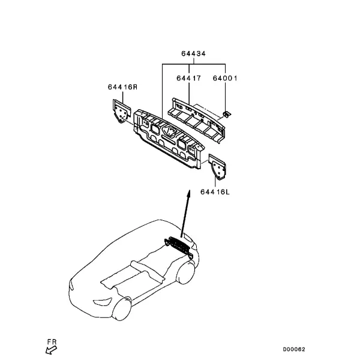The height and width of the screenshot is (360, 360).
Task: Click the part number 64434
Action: pos(193,53)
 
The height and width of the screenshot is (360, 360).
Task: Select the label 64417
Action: pos(188,78)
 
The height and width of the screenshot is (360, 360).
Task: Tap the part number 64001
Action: pos(225,78)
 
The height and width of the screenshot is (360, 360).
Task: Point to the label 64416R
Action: pos(122,87)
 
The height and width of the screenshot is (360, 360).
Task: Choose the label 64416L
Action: pos(215,192)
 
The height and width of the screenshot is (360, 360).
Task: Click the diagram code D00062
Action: pos(294,349)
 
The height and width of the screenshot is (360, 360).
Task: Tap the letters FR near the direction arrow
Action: pos(52,342)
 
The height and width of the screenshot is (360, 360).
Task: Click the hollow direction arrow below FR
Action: pos(51,350)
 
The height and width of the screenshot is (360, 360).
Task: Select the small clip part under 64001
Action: pos(227,113)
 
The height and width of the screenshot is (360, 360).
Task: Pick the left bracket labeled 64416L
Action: pos(217,167)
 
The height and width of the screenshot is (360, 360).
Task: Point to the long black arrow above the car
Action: pos(185,213)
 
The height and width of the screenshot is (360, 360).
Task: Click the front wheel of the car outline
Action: pos(122,308)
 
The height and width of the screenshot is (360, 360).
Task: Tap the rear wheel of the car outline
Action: pos(185,273)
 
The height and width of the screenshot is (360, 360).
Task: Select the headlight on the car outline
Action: pos(103,302)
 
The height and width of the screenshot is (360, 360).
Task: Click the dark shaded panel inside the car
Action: pos(179,246)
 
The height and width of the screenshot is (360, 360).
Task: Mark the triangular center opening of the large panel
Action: pos(169,131)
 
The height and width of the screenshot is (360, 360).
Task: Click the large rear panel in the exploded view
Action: pos(169,139)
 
